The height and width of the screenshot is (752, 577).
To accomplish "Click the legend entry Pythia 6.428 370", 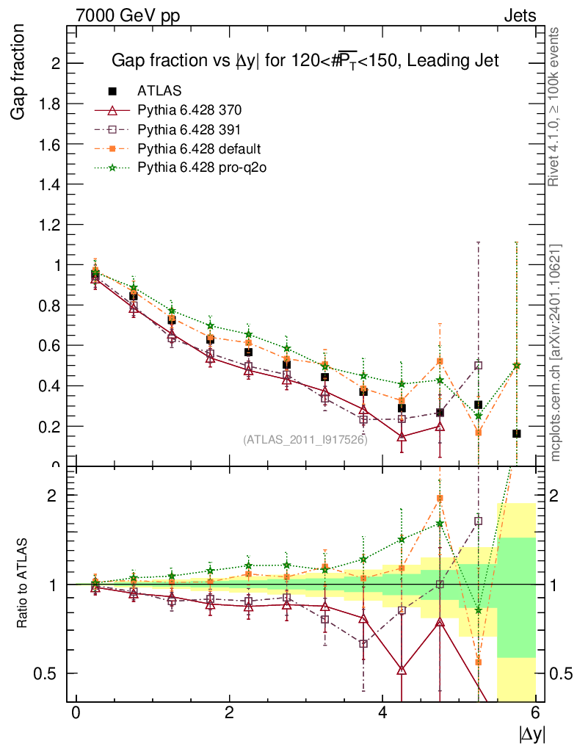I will (x=189, y=110).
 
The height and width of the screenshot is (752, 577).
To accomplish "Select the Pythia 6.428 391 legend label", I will (x=189, y=129).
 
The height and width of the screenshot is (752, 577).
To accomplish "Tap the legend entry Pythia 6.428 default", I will (x=199, y=148).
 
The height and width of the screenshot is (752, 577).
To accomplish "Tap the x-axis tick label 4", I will (x=382, y=713).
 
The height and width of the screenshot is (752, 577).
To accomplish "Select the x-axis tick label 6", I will (x=536, y=713).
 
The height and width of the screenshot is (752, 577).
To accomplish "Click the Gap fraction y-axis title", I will (x=20, y=72).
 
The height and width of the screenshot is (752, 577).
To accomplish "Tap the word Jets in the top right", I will (x=519, y=15).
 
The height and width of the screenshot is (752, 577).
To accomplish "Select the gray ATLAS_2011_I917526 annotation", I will (x=305, y=440).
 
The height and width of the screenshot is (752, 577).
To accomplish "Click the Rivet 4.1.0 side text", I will (x=556, y=106).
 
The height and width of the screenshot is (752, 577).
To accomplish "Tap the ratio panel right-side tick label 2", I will (x=556, y=496).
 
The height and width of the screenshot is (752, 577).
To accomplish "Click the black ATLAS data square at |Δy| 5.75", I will (x=517, y=433).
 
